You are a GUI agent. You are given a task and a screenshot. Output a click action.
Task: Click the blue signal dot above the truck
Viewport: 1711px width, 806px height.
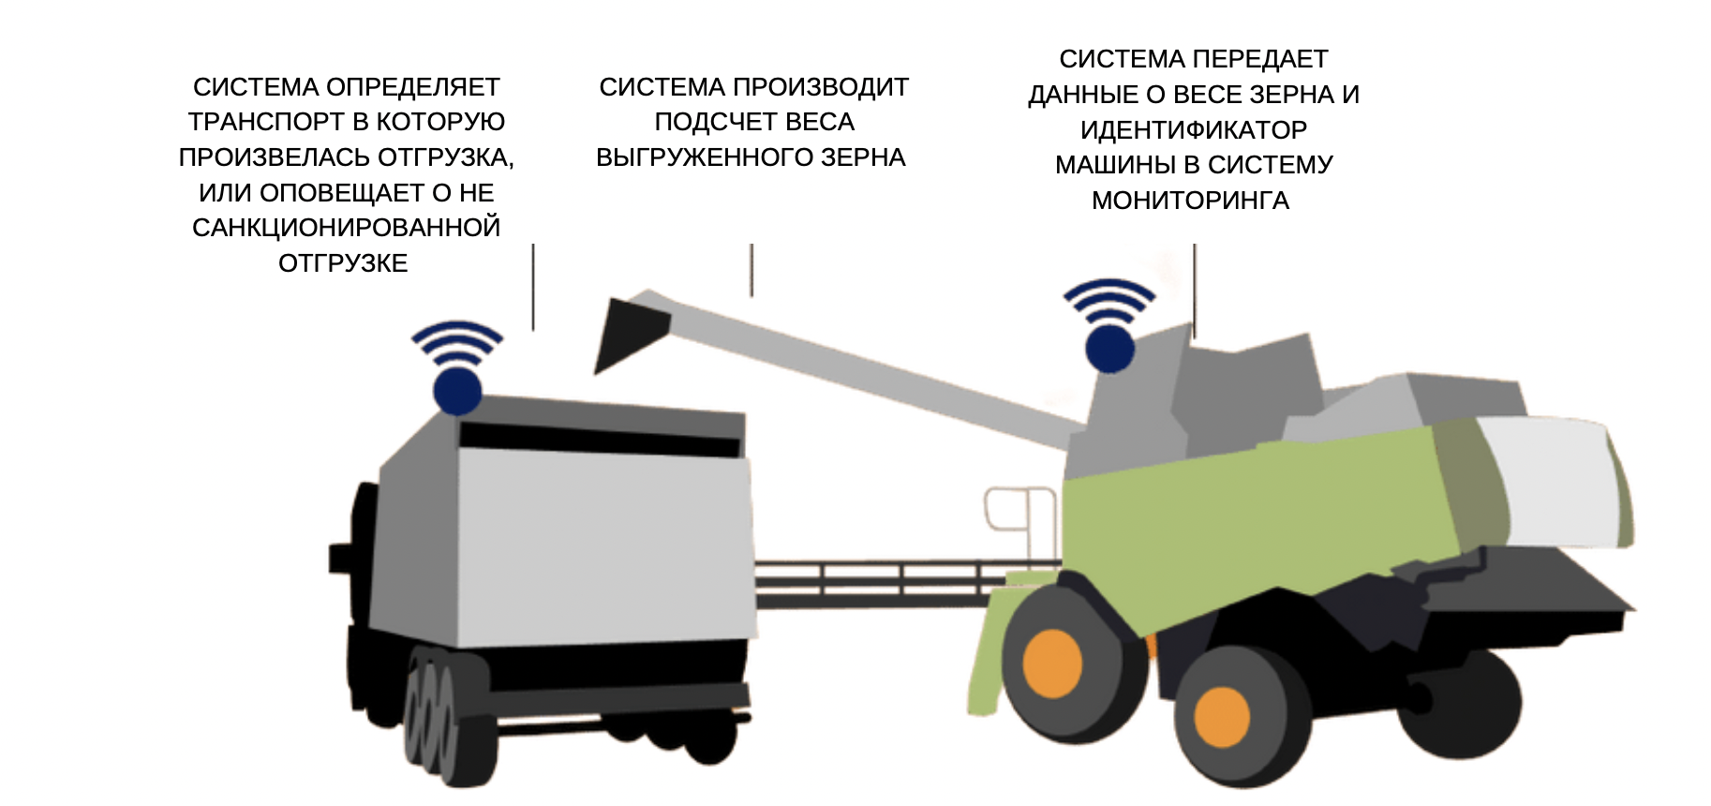point(457,391)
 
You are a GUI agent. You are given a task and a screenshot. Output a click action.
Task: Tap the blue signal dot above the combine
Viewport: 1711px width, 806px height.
point(1109,348)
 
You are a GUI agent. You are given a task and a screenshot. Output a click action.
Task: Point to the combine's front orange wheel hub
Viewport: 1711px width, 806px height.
point(1052,664)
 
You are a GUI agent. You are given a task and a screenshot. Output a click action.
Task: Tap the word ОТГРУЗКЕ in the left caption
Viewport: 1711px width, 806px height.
point(343,263)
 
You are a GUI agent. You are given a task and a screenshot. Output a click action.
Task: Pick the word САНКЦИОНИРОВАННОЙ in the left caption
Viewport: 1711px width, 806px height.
point(347,228)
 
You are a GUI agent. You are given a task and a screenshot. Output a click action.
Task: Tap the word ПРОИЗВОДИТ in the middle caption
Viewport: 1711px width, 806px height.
point(821,87)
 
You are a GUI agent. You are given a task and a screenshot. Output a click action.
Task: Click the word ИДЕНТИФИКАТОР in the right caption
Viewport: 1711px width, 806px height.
point(1194,129)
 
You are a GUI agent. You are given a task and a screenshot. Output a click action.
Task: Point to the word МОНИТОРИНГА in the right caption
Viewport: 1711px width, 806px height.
point(1190,201)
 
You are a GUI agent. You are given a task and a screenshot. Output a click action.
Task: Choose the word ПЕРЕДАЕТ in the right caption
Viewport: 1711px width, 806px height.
point(1261,59)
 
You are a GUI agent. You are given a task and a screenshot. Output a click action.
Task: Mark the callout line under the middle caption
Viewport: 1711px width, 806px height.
point(751,270)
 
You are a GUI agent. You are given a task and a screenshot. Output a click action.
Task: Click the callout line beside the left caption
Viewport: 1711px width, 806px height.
point(533,287)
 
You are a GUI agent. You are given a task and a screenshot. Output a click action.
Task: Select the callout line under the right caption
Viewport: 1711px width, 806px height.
point(1195,291)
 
